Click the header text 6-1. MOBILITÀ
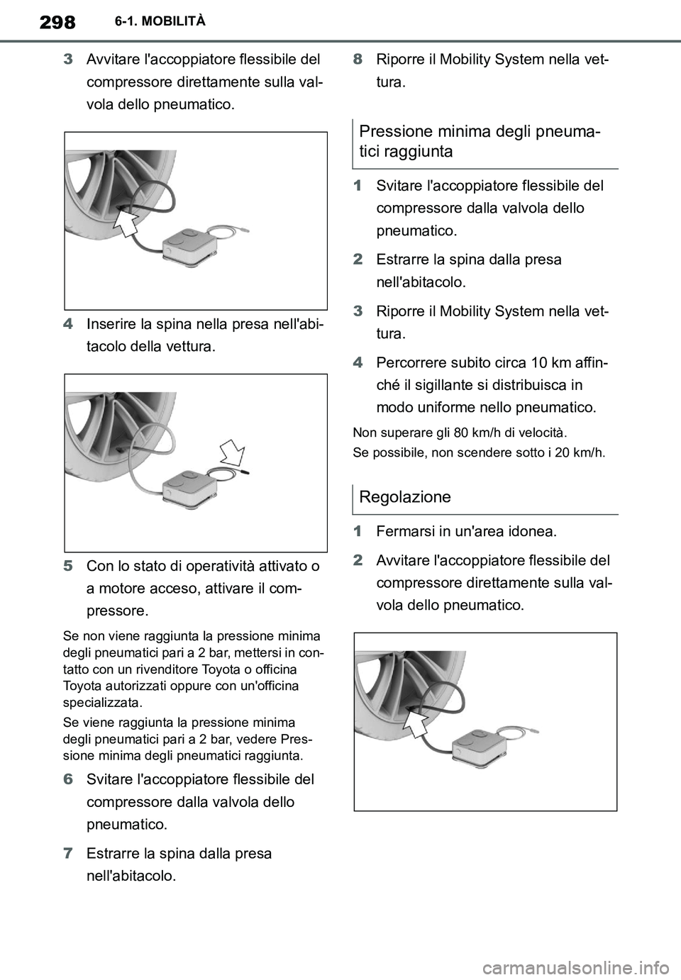[x=160, y=21]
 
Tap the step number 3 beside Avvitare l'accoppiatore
[x=68, y=59]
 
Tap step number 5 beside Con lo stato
[x=68, y=566]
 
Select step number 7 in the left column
[x=68, y=853]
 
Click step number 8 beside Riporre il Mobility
[x=358, y=59]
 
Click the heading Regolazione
[x=405, y=496]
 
